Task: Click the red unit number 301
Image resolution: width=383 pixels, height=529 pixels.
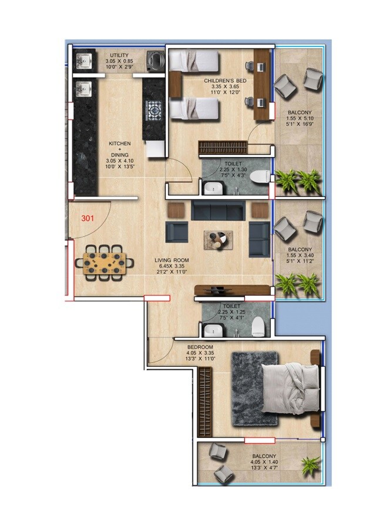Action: tap(88, 218)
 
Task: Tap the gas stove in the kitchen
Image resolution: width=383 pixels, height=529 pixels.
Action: tap(154, 110)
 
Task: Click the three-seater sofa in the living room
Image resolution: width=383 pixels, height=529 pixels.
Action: tap(218, 210)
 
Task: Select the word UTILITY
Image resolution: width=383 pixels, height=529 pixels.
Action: tap(119, 55)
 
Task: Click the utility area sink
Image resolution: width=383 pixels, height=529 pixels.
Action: tap(83, 60)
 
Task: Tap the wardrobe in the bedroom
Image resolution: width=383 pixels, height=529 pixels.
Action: tap(203, 401)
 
